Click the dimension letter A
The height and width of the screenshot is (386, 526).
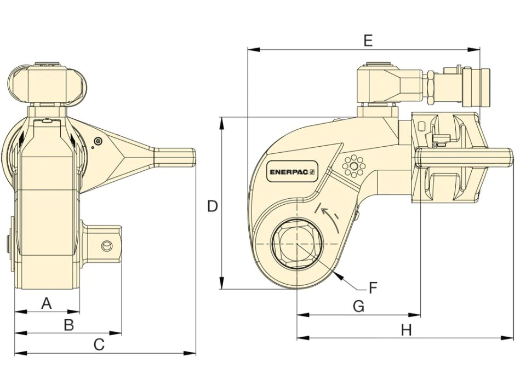pyautogui.click(x=46, y=303)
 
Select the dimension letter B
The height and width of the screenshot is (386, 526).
pyautogui.click(x=69, y=325)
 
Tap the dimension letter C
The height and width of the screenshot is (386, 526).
pyautogui.click(x=99, y=344)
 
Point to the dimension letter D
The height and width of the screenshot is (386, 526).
pyautogui.click(x=213, y=206)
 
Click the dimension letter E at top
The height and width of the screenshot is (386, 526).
pyautogui.click(x=368, y=41)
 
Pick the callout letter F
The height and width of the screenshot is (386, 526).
pyautogui.click(x=373, y=287)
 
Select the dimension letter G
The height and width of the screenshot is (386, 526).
pyautogui.click(x=358, y=306)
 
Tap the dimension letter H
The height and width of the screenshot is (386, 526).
pyautogui.click(x=406, y=330)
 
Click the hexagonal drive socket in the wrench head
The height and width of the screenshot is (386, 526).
pyautogui.click(x=298, y=243)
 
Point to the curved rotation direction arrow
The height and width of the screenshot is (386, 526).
pyautogui.click(x=330, y=218)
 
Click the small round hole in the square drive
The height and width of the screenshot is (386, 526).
pyautogui.click(x=106, y=246)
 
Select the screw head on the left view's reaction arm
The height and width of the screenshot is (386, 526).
pyautogui.click(x=98, y=141)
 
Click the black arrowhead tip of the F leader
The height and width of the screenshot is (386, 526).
pyautogui.click(x=335, y=273)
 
